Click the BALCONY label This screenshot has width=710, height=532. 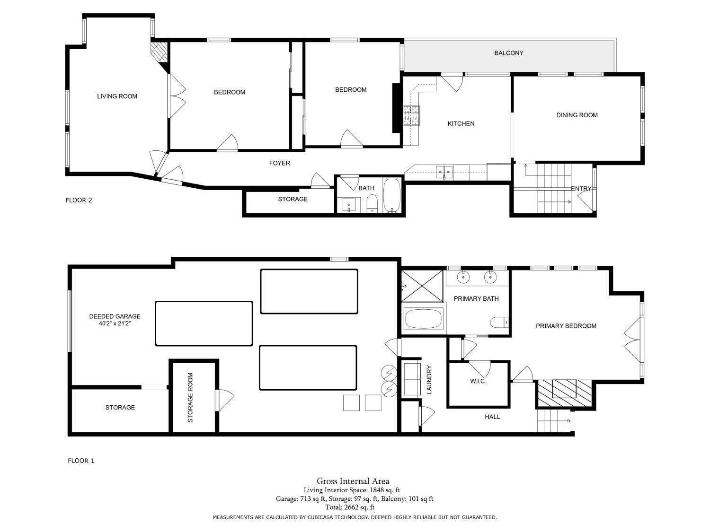(x=508, y=53)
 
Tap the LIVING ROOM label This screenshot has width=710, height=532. (x=117, y=96)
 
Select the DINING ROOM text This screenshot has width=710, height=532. (x=577, y=115)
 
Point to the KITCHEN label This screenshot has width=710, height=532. (x=461, y=123)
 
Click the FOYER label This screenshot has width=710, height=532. (x=279, y=163)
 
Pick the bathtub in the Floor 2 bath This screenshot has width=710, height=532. (x=392, y=195)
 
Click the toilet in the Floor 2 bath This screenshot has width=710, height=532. (x=372, y=204)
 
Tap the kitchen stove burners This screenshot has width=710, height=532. (x=411, y=115)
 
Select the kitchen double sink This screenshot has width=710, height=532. (x=444, y=172)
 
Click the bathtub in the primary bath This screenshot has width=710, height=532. (x=424, y=319)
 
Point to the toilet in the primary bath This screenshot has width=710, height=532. (x=499, y=322)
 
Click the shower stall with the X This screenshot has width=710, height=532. (x=422, y=286)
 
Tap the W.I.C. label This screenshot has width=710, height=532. (x=478, y=381)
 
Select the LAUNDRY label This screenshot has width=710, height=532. (x=429, y=380)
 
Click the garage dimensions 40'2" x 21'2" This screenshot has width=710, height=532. (x=115, y=323)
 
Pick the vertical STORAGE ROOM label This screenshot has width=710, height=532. (x=190, y=398)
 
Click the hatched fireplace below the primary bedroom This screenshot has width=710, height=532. (x=564, y=393)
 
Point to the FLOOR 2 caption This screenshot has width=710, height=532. (x=79, y=200)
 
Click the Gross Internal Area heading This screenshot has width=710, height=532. (x=353, y=481)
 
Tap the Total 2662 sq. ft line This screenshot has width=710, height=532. (x=355, y=507)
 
